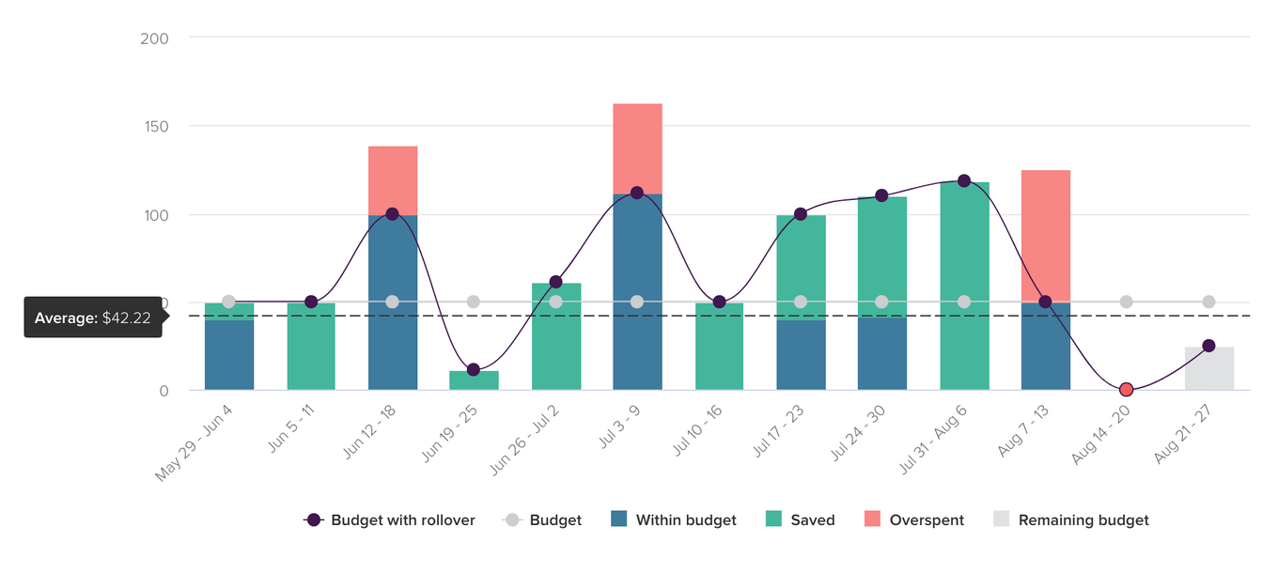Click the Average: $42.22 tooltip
[93, 318]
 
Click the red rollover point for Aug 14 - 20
[1126, 390]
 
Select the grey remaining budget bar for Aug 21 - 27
[1208, 368]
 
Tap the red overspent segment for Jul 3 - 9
[637, 148]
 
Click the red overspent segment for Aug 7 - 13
[1045, 235]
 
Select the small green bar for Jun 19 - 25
[474, 380]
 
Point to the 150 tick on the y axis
[155, 126]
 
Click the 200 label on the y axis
[155, 39]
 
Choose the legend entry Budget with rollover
[390, 520]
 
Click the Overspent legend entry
[913, 520]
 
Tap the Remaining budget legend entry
[1071, 520]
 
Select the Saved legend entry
[800, 520]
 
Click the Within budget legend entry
[673, 520]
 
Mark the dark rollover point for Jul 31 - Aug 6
[964, 181]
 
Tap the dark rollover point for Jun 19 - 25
[474, 370]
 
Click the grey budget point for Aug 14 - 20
[1126, 302]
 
